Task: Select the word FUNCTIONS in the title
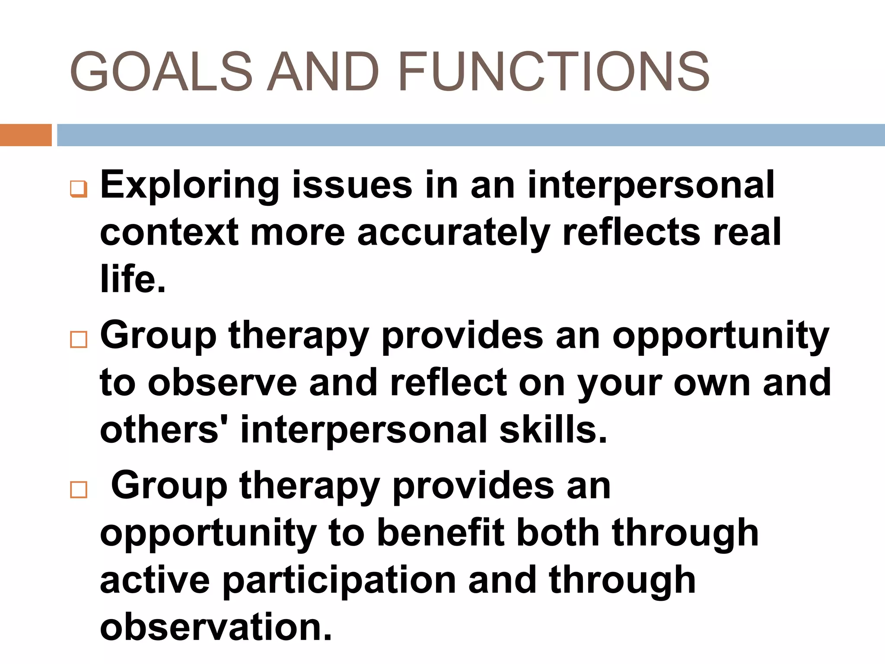pyautogui.click(x=554, y=71)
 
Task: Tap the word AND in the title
pyautogui.click(x=323, y=71)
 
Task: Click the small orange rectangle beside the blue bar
pyautogui.click(x=25, y=135)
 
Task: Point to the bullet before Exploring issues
pyautogui.click(x=79, y=189)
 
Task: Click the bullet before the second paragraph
pyautogui.click(x=79, y=339)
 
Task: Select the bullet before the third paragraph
pyautogui.click(x=79, y=490)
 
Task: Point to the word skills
pyautogui.click(x=553, y=430)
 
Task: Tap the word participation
pyautogui.click(x=339, y=581)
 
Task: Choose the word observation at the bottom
pyautogui.click(x=216, y=627)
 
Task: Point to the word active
pyautogui.click(x=155, y=581)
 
